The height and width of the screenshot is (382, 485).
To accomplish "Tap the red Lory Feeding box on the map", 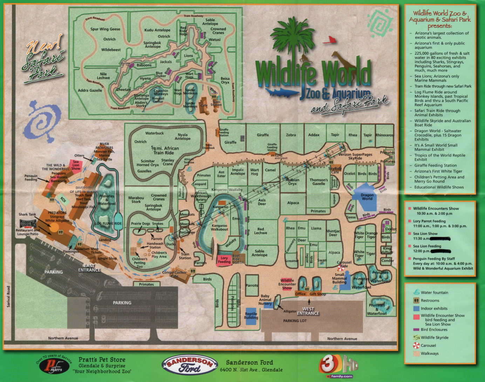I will (224, 260).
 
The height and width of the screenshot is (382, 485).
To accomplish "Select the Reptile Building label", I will (251, 316).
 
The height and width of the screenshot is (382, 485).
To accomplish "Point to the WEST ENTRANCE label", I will (308, 311).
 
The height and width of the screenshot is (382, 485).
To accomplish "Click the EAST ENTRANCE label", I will (89, 268).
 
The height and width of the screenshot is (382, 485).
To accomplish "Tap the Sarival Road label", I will (9, 297).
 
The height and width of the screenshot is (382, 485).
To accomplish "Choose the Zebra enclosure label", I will (291, 135).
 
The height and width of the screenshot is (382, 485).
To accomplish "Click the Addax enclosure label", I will (314, 135).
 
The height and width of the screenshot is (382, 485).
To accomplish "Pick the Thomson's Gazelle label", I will (319, 182).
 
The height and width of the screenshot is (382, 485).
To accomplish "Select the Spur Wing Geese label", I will (105, 29).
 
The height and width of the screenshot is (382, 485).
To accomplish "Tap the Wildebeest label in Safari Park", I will (111, 50).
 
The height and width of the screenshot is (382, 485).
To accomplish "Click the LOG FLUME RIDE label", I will (108, 224).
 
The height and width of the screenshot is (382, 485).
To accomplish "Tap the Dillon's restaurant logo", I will (28, 224).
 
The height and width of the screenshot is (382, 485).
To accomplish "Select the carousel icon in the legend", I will (416, 345).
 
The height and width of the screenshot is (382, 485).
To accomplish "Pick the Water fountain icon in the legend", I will (416, 292).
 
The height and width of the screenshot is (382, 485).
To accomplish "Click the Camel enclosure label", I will (270, 170).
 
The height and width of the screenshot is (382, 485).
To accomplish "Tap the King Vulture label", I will (387, 250).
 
